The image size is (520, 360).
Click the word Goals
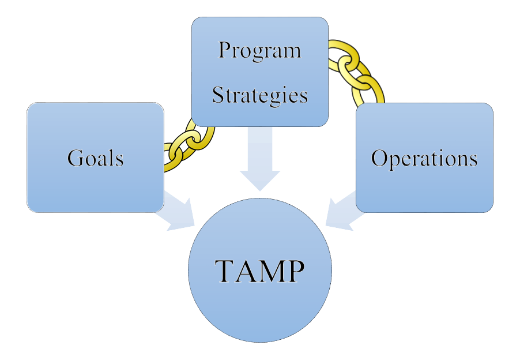coord(95,157)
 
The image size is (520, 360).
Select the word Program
coord(259,51)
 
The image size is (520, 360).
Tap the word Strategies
coord(259,95)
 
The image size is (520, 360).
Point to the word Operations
coord(424,158)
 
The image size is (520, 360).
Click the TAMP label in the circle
coord(259,270)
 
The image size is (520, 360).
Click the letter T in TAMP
coord(226,270)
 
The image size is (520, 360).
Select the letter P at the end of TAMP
coord(294,270)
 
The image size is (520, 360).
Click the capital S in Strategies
coord(218,95)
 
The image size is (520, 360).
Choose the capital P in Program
coord(224,51)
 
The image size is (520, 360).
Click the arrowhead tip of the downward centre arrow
coord(259,189)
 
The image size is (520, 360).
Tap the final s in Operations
coord(473,160)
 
